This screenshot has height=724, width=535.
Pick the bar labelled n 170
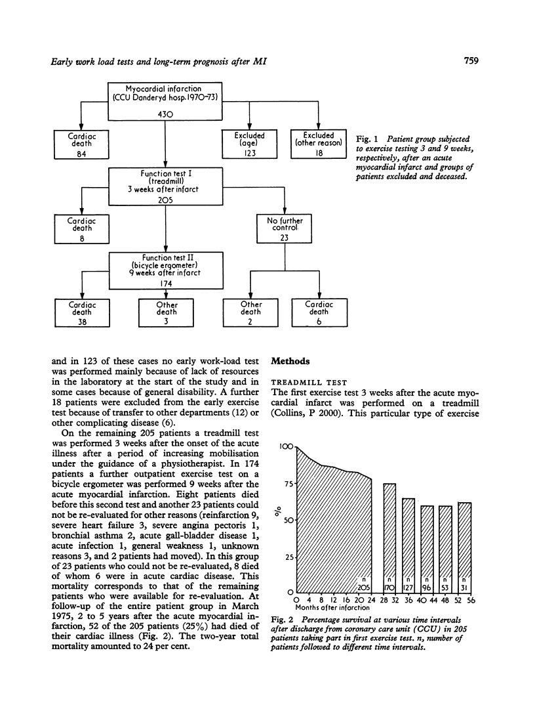(389, 538)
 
